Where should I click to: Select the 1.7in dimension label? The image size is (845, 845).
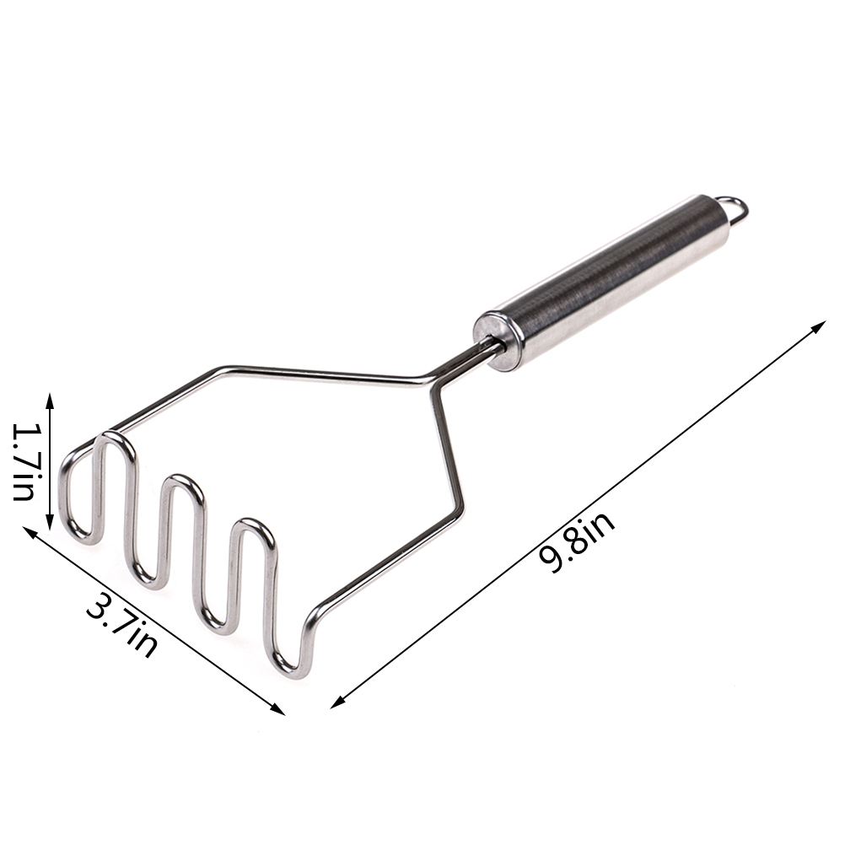click(24, 461)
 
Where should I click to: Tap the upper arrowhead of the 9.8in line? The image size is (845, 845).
click(818, 327)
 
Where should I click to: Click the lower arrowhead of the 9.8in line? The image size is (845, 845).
click(337, 701)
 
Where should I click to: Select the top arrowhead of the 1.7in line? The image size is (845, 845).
click(50, 401)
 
